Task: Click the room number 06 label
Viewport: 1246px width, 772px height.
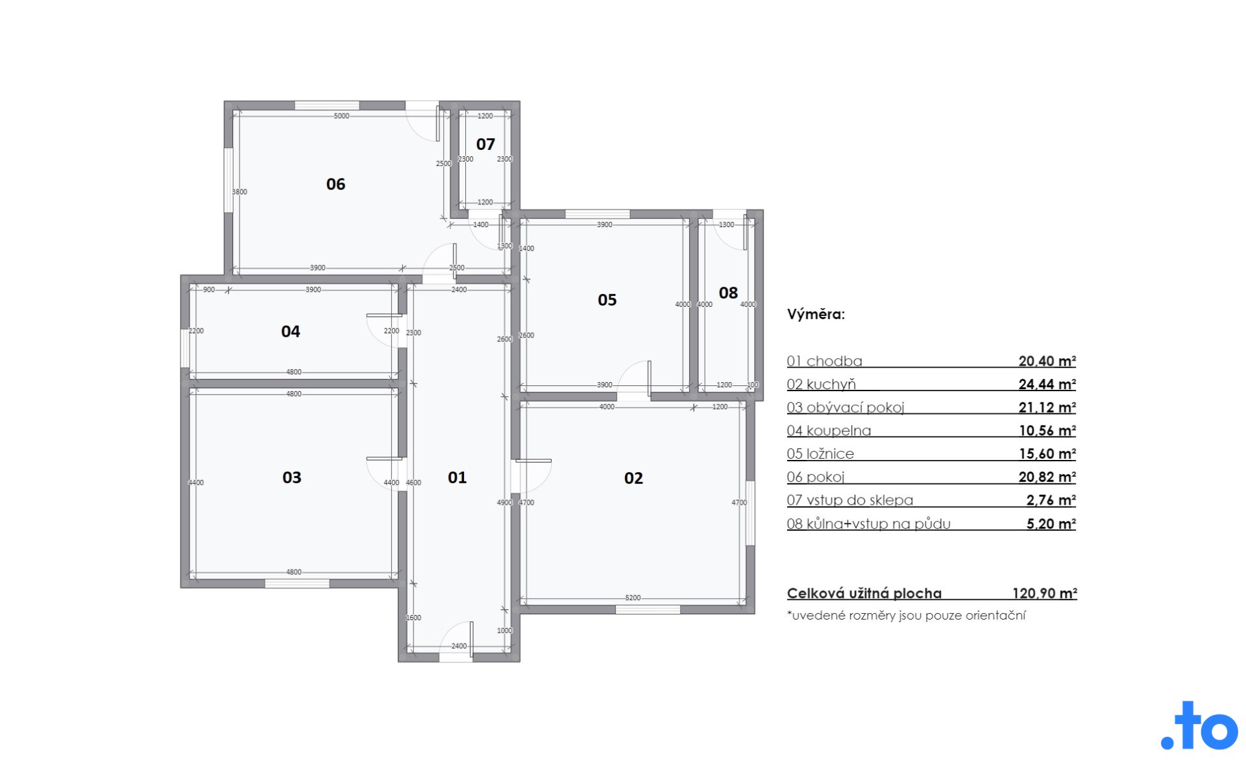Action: (336, 184)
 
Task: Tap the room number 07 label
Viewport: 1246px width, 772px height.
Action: (485, 144)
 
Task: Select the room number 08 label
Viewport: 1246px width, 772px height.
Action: (728, 293)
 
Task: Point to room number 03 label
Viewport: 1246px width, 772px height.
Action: (292, 478)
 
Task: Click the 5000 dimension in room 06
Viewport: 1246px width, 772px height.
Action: (341, 116)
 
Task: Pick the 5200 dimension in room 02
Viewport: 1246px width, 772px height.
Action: (633, 598)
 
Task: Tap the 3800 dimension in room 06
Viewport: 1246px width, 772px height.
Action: (239, 192)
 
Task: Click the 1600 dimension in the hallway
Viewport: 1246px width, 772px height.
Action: (413, 618)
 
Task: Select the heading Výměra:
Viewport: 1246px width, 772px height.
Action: (816, 315)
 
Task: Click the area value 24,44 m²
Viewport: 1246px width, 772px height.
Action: (1047, 384)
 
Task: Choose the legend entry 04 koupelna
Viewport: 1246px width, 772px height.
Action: (829, 431)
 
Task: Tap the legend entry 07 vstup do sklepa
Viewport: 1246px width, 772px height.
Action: (849, 500)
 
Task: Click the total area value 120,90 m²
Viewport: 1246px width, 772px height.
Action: (1044, 593)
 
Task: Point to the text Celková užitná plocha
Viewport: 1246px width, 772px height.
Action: (864, 593)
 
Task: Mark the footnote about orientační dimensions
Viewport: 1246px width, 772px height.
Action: (906, 616)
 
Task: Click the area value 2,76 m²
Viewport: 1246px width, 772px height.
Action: (1051, 500)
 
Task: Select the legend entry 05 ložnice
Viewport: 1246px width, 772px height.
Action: (820, 454)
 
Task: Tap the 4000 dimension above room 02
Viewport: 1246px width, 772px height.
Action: (607, 407)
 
